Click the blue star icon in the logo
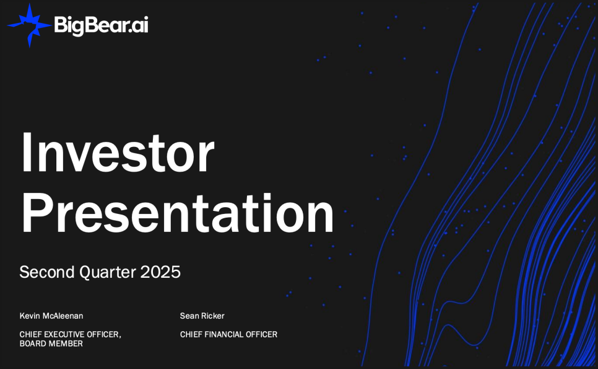click(x=29, y=25)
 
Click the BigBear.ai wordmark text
click(x=101, y=25)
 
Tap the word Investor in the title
click(x=118, y=153)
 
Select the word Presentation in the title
click(x=178, y=212)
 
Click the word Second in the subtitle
click(x=47, y=272)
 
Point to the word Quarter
click(x=108, y=272)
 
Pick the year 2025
click(x=160, y=272)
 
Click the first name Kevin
click(x=30, y=316)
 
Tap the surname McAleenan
click(x=63, y=316)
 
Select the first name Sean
click(x=189, y=316)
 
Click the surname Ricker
click(x=213, y=316)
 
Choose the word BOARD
click(x=32, y=344)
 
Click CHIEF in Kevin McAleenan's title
click(x=30, y=334)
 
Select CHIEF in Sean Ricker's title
click(x=191, y=334)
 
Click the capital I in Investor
click(x=26, y=153)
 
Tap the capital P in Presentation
click(x=37, y=212)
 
